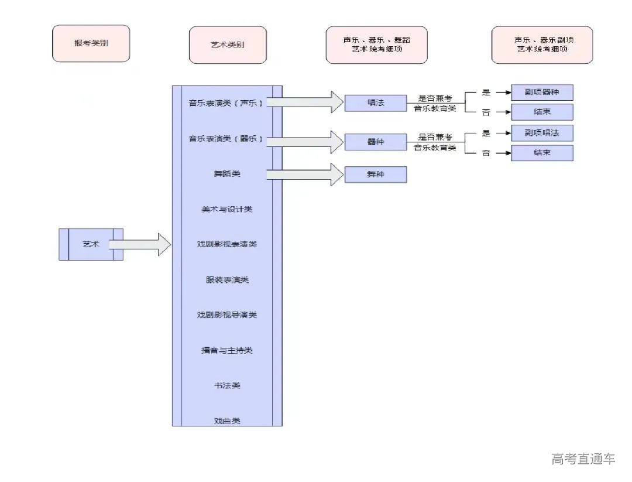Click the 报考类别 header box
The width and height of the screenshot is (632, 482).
pos(91,44)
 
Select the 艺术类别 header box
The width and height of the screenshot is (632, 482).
pos(228,45)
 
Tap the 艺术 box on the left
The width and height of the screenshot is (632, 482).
pos(91,244)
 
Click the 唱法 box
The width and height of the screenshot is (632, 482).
pos(375,103)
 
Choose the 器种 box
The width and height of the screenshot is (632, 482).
pos(375,142)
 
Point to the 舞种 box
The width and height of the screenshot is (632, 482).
pos(375,175)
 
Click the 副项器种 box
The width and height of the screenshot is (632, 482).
pos(542,93)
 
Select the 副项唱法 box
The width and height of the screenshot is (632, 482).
pos(542,133)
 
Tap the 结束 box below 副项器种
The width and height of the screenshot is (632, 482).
pos(542,112)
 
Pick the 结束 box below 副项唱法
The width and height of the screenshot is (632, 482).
pos(542,153)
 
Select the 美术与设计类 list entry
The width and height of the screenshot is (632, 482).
pos(227,209)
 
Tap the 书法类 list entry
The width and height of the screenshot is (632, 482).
pos(227,385)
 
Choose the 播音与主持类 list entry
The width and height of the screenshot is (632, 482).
pos(227,350)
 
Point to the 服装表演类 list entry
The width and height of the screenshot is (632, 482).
pos(227,280)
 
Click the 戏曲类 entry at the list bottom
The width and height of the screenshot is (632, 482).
pos(227,421)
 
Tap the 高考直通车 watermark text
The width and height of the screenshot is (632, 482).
pos(583,459)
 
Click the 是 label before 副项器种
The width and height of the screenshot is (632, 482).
pos(486,92)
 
